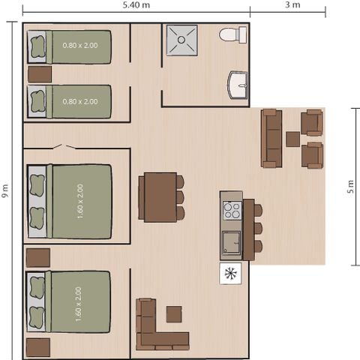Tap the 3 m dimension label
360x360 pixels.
(x=292, y=5)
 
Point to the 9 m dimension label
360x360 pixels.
(x=6, y=192)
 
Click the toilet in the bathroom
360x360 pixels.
(x=232, y=34)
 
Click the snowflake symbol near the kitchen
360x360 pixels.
(x=230, y=273)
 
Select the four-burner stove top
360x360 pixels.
(x=232, y=210)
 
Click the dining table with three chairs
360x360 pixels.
(x=160, y=197)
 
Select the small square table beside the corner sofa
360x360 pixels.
(x=174, y=313)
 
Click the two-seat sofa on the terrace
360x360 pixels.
(x=271, y=138)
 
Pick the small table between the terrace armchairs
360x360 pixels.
(x=292, y=139)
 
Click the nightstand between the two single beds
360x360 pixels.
(x=40, y=74)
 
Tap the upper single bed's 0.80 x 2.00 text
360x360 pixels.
(x=79, y=47)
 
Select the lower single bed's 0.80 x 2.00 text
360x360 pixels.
(x=79, y=101)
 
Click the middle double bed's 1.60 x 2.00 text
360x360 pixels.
(x=80, y=201)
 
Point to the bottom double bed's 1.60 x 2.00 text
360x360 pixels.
(x=79, y=303)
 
